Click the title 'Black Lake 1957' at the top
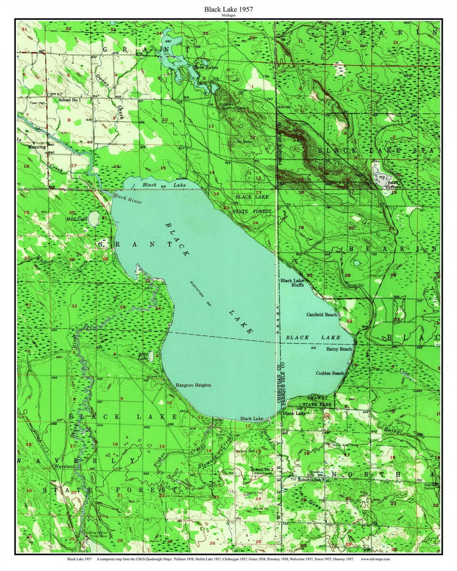[x=228, y=9]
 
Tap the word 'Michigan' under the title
[x=228, y=15]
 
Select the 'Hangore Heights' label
[x=193, y=385]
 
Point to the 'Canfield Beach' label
[x=322, y=315]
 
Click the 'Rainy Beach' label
[x=339, y=349]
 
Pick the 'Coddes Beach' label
[x=330, y=373]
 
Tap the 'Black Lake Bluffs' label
[x=292, y=283]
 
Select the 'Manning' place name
[x=37, y=147]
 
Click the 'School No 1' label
[x=69, y=100]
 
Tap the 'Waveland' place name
[x=64, y=466]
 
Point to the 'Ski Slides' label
[x=245, y=142]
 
